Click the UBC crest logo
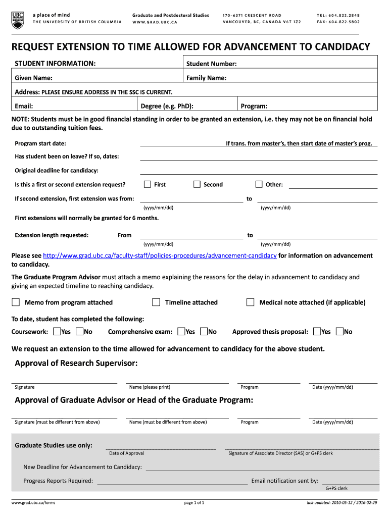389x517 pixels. coord(17,19)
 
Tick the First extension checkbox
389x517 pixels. coord(148,184)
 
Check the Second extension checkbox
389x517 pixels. coord(197,184)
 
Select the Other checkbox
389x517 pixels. coord(259,184)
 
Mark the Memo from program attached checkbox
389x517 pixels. coord(16,302)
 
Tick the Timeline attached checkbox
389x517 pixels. coord(156,302)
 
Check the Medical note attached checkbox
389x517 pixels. coord(250,302)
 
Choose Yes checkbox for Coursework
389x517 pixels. coord(56,332)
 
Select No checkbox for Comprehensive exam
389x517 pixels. coord(204,332)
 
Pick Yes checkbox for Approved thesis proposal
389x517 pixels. coord(317,332)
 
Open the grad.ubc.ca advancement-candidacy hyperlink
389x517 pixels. coord(160,256)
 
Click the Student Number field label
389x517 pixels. coord(211,64)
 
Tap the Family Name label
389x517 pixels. coord(206,78)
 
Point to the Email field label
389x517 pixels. coord(24,106)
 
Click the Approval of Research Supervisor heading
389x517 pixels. coord(76,364)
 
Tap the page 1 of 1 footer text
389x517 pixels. coord(194,503)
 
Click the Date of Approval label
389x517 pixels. coord(126,453)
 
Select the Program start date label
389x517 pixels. coord(40,143)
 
